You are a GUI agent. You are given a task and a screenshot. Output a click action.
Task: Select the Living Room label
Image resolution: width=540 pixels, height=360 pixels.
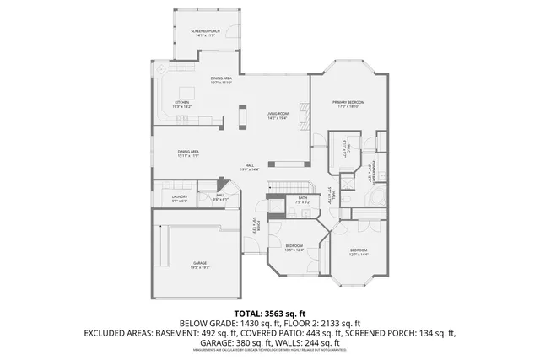click(278, 115)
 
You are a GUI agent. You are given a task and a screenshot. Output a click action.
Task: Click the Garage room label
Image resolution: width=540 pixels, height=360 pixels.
click(200, 265)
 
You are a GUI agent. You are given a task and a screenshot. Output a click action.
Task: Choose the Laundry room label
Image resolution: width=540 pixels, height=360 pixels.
click(179, 199)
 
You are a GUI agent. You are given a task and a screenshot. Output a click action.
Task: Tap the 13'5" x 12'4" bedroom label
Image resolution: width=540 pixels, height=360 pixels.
click(294, 247)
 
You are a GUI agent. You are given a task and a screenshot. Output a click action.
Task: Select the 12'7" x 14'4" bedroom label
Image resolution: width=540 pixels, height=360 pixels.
click(359, 251)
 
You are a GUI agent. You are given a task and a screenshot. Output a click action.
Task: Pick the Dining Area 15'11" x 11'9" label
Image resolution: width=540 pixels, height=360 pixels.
click(188, 153)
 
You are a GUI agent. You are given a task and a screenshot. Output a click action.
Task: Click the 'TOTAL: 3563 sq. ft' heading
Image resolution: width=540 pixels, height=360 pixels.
click(269, 314)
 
